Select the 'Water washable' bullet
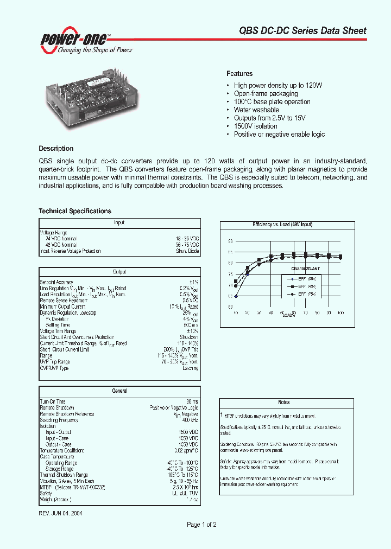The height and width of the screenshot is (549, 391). (256, 110)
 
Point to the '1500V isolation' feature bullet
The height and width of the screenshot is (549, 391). (255, 126)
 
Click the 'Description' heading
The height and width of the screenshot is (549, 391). (56, 148)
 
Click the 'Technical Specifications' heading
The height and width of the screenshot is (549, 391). (75, 211)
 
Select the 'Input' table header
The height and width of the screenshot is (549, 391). (119, 222)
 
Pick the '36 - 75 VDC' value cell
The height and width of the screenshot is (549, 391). (187, 245)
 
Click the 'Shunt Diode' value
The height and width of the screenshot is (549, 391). (187, 251)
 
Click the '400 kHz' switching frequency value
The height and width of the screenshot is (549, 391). (190, 420)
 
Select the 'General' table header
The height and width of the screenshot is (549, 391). (119, 391)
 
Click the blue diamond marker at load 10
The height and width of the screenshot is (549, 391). (236, 296)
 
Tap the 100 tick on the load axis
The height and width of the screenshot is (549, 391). (340, 313)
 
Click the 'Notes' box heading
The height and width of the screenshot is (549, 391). (283, 403)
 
